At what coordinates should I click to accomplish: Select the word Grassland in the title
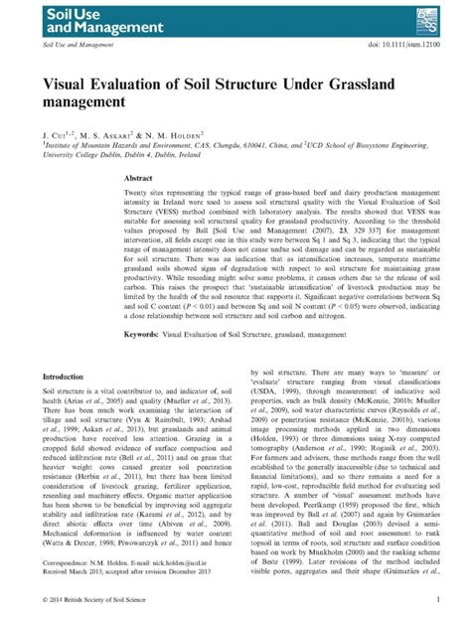tap(354, 83)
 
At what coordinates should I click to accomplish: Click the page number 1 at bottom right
tap(436, 600)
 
